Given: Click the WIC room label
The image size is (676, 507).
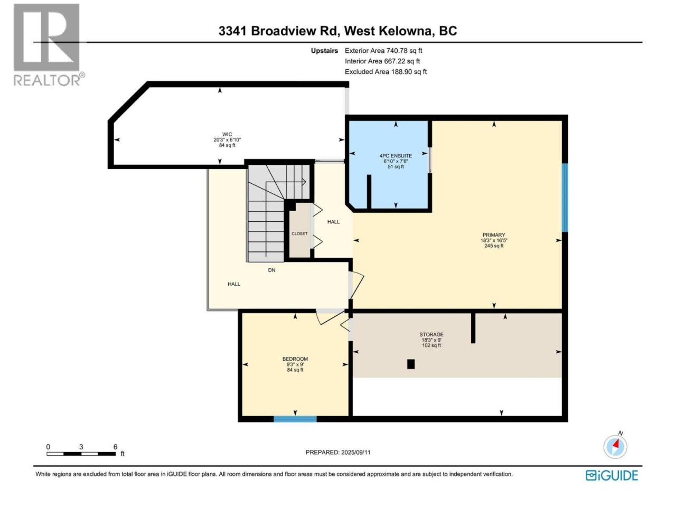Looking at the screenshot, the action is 227,134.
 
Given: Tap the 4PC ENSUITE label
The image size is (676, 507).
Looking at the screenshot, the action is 396,156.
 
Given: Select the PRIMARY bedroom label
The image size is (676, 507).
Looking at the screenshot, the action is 494,235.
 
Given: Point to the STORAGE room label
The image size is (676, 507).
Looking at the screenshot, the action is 431,334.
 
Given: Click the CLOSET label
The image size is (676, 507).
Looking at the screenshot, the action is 299,233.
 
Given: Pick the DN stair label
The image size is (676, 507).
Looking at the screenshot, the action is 271,270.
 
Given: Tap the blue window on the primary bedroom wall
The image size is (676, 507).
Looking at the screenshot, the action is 565,198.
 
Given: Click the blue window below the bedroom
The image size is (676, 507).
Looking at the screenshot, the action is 295,419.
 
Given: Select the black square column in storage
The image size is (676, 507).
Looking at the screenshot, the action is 411,364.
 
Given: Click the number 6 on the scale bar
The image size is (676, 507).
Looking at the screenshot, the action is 115,447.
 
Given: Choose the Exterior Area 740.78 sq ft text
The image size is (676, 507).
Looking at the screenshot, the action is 383,51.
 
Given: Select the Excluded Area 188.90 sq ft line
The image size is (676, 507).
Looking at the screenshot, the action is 386,72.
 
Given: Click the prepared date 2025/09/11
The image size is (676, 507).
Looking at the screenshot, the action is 356,452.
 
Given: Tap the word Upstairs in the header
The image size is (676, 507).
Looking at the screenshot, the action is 324,51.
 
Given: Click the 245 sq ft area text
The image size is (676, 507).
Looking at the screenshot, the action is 494,246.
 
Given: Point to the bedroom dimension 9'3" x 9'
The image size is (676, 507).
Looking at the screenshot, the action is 295,364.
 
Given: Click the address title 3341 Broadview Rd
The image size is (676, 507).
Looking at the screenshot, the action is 278,31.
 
